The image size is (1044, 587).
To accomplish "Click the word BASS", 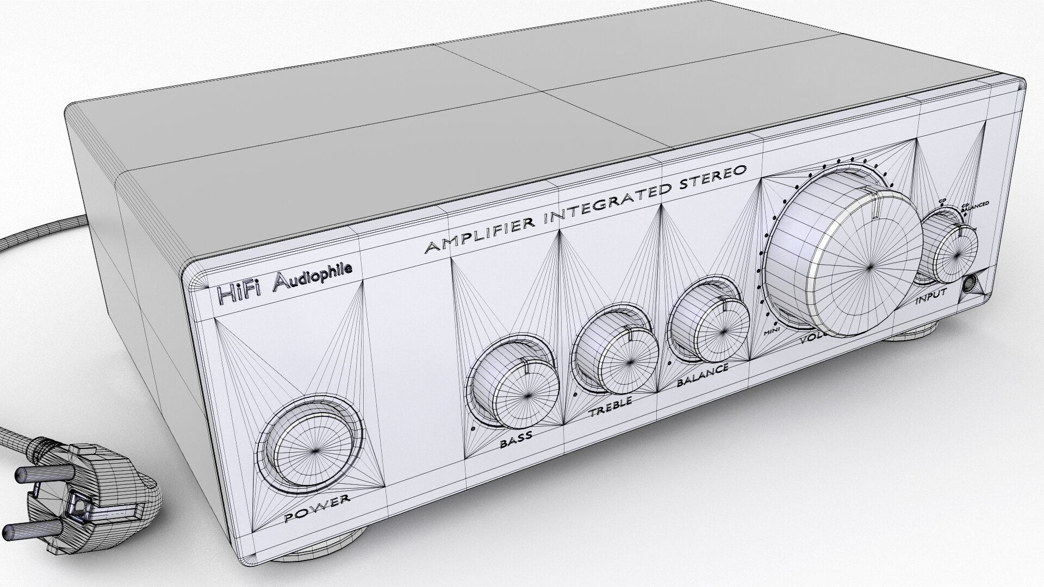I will coord(516,440).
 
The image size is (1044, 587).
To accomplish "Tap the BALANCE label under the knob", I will coord(702,375).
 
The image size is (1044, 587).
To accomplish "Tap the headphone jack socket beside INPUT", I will coord(970,284).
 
